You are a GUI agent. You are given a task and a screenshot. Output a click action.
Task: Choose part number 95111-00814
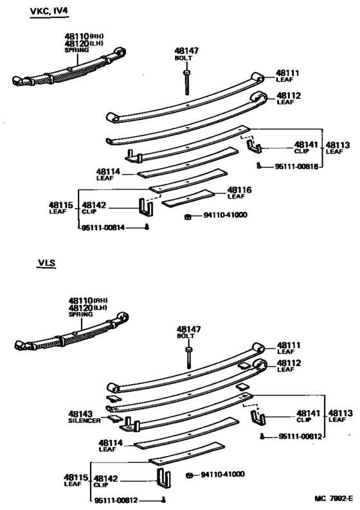pos(102,228)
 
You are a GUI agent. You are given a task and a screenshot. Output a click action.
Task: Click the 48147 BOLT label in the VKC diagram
pos(184,53)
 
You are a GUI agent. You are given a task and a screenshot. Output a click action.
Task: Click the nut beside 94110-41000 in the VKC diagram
pos(186,215)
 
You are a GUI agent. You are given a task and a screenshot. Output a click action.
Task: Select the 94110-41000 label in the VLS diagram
pos(222,475)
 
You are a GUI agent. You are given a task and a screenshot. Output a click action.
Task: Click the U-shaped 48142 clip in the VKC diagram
pos(145,208)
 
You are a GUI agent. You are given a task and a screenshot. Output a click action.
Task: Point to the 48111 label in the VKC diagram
pos(288,73)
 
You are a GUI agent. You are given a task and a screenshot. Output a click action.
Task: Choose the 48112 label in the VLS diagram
pos(288,363)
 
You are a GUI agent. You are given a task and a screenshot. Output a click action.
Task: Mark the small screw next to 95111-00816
pos(258,166)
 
